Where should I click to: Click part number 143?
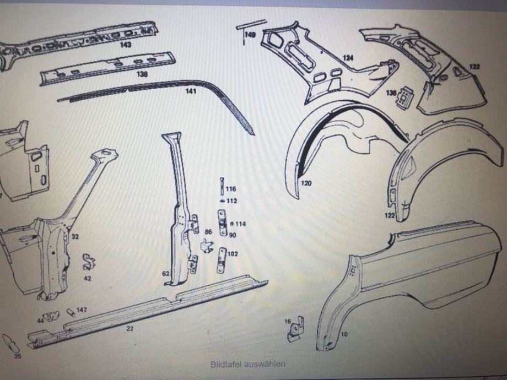pyautogui.click(x=125, y=45)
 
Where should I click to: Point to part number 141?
pyautogui.click(x=190, y=91)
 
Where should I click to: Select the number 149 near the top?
pyautogui.click(x=250, y=35)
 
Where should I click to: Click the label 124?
pyautogui.click(x=348, y=57)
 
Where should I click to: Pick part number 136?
pyautogui.click(x=391, y=93)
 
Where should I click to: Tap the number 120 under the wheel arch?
pyautogui.click(x=306, y=183)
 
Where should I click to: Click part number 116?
pyautogui.click(x=230, y=189)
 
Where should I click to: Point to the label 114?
pyautogui.click(x=241, y=224)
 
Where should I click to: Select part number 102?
pyautogui.click(x=232, y=254)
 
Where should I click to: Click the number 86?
pyautogui.click(x=208, y=233)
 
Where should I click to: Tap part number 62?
pyautogui.click(x=165, y=273)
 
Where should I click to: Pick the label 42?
pyautogui.click(x=88, y=278)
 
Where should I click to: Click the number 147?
pyautogui.click(x=82, y=310)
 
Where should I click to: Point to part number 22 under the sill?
pyautogui.click(x=129, y=328)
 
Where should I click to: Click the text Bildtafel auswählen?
pyautogui.click(x=247, y=364)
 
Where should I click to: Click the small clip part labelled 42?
pyautogui.click(x=88, y=262)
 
